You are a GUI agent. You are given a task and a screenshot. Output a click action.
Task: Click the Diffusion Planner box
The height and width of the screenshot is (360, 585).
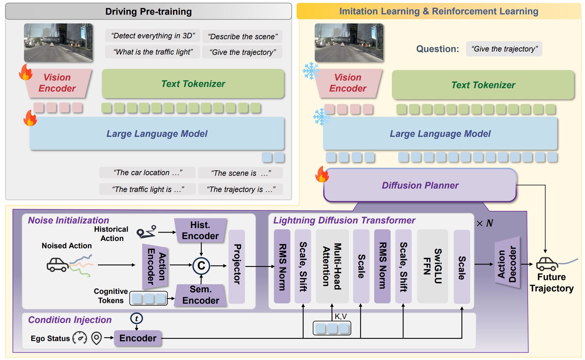(x=420, y=185)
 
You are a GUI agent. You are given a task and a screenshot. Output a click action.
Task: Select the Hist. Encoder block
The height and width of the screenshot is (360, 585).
(x=200, y=231)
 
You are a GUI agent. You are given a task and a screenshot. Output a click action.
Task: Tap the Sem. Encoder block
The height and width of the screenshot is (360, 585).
(x=201, y=295)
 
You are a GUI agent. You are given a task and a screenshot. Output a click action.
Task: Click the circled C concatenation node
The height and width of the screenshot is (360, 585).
(x=201, y=266)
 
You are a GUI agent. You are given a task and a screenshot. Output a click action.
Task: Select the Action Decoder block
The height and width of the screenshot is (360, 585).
(x=507, y=263)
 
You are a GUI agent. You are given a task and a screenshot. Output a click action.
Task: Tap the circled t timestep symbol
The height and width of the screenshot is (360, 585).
(x=137, y=318)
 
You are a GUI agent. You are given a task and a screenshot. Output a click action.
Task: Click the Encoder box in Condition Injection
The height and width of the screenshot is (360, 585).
(x=138, y=338)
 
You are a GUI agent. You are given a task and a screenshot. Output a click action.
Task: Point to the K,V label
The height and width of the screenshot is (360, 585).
(x=340, y=316)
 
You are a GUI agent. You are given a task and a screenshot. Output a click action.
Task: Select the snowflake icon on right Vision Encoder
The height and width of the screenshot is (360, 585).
(x=311, y=71)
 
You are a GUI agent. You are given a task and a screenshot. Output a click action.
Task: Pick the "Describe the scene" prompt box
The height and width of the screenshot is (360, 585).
(x=242, y=36)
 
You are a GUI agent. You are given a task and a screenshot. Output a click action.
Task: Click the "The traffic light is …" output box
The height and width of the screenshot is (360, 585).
(x=148, y=189)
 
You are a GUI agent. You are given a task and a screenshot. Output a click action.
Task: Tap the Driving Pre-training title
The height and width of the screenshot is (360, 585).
(x=148, y=12)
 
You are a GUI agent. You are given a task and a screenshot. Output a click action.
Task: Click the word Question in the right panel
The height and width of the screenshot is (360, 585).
(x=437, y=49)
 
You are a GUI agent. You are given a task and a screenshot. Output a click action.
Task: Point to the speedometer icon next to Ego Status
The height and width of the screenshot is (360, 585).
(x=80, y=338)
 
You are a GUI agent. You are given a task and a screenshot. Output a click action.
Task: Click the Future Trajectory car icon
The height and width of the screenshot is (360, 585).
(x=547, y=264)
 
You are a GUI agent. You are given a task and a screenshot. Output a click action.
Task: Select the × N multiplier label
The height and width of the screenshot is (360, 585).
(x=485, y=223)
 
